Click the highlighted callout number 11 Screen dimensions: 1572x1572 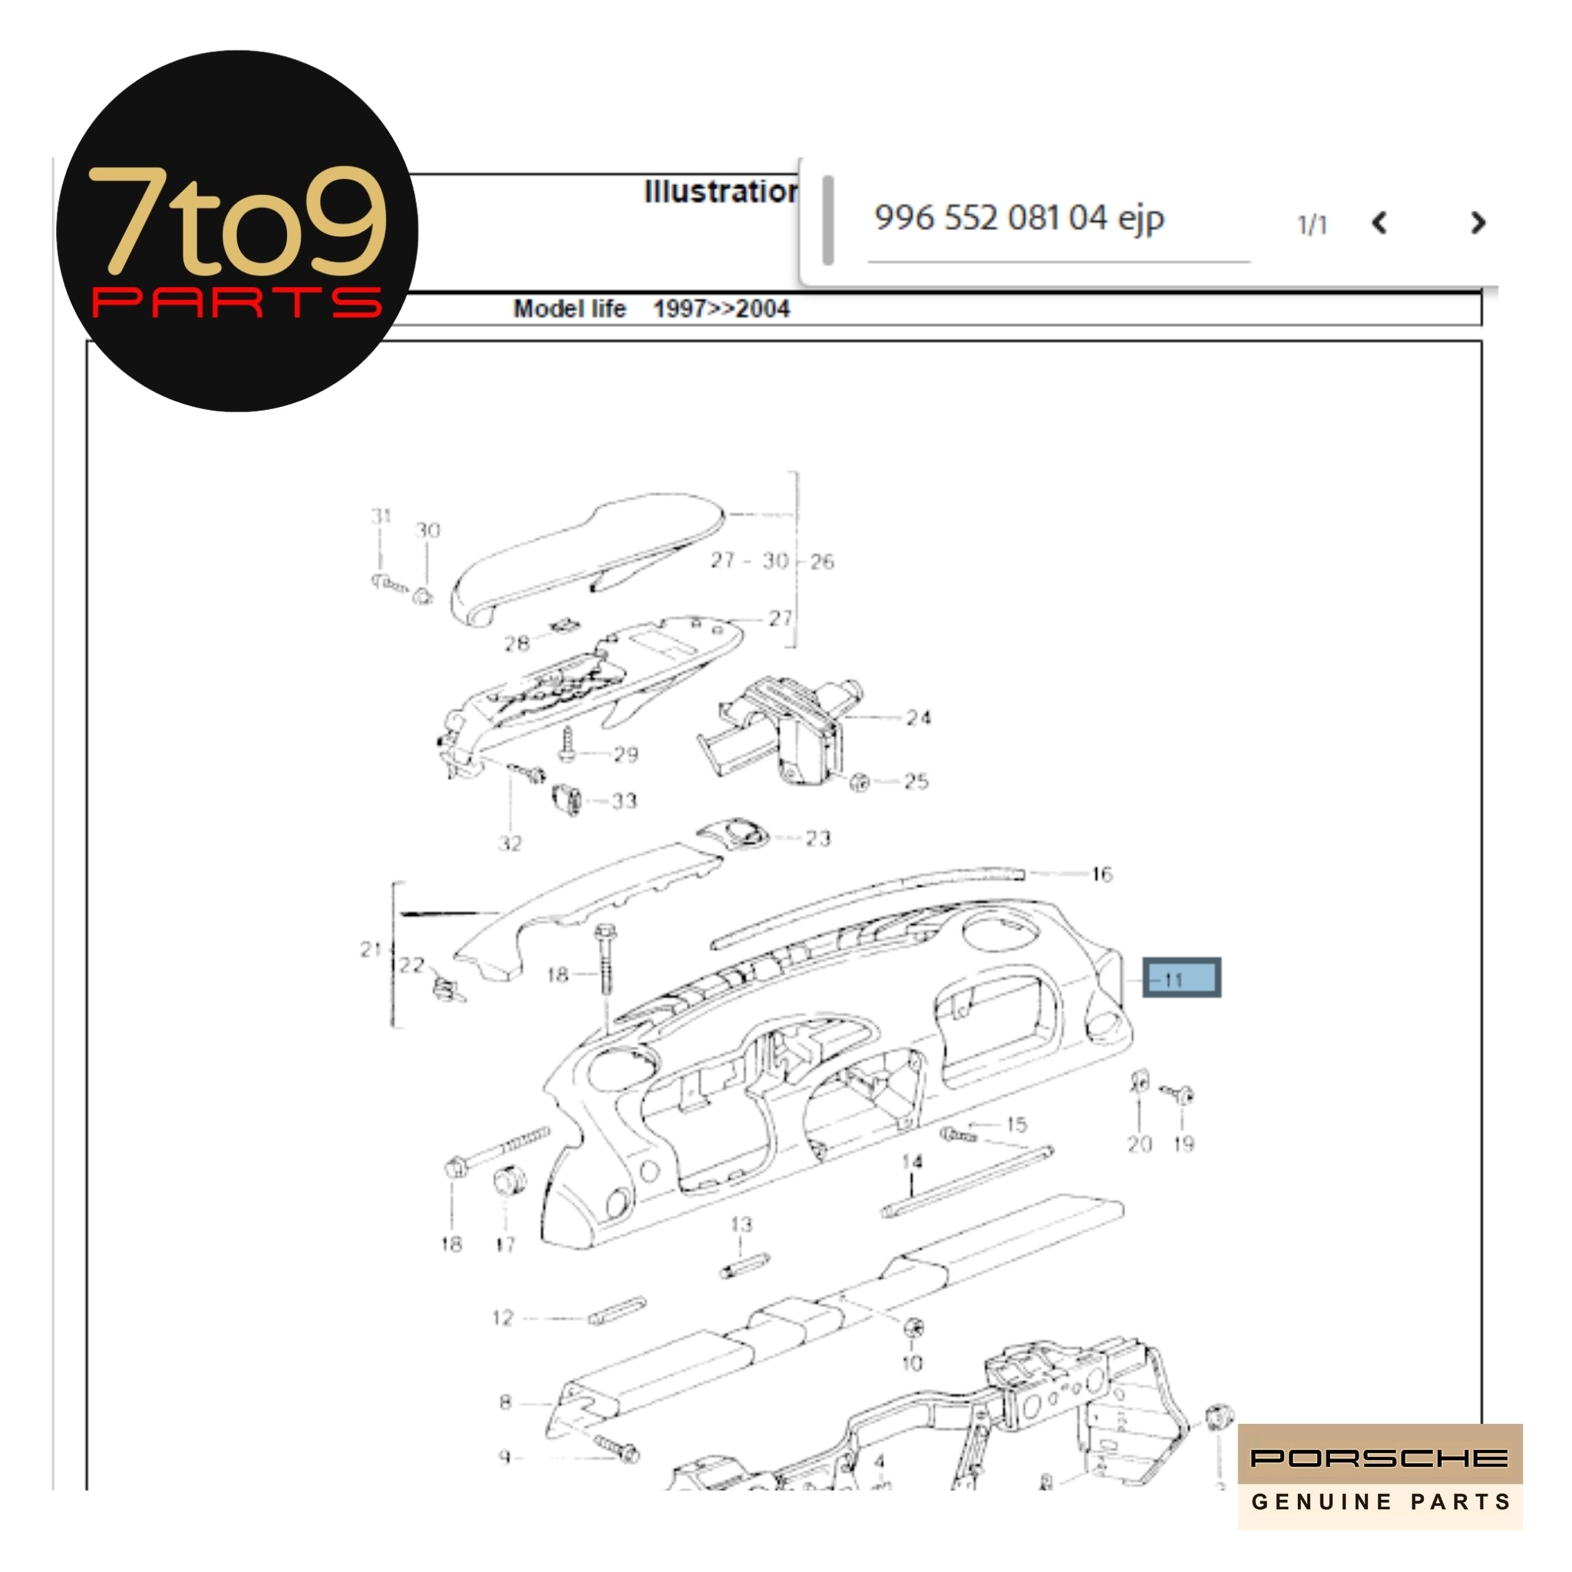[1181, 977]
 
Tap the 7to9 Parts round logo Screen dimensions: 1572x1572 [236, 232]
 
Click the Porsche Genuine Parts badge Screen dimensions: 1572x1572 [1379, 1476]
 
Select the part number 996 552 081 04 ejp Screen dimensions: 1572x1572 [1019, 218]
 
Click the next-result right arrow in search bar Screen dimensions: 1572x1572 [1478, 223]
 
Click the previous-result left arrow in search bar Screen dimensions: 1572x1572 [1379, 223]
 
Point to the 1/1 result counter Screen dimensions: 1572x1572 [1312, 225]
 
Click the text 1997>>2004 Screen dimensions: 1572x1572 [721, 309]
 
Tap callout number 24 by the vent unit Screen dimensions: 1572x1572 [918, 718]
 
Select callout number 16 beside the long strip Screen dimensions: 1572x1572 [1101, 875]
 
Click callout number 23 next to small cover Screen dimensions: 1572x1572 [817, 838]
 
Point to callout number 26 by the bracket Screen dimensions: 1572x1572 [822, 561]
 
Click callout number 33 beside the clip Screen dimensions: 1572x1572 [624, 801]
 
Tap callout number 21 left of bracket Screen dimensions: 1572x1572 [371, 949]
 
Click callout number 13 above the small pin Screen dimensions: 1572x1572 [741, 1224]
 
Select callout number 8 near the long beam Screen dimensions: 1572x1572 [505, 1402]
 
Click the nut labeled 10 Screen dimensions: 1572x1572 [913, 1327]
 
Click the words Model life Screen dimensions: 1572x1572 [569, 309]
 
